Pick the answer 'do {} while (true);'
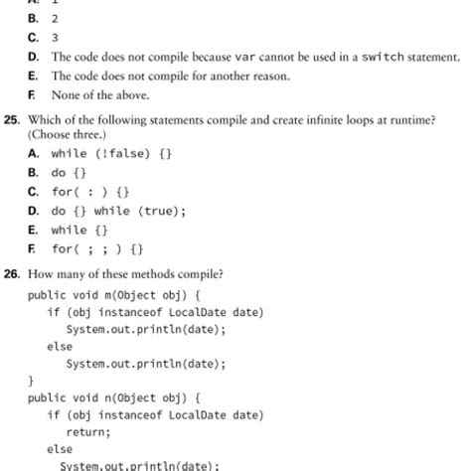coord(118,211)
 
